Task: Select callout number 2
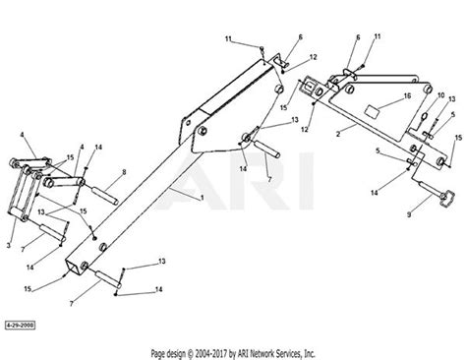click(x=337, y=128)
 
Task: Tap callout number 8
click(x=122, y=173)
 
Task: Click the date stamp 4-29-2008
click(x=20, y=322)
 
